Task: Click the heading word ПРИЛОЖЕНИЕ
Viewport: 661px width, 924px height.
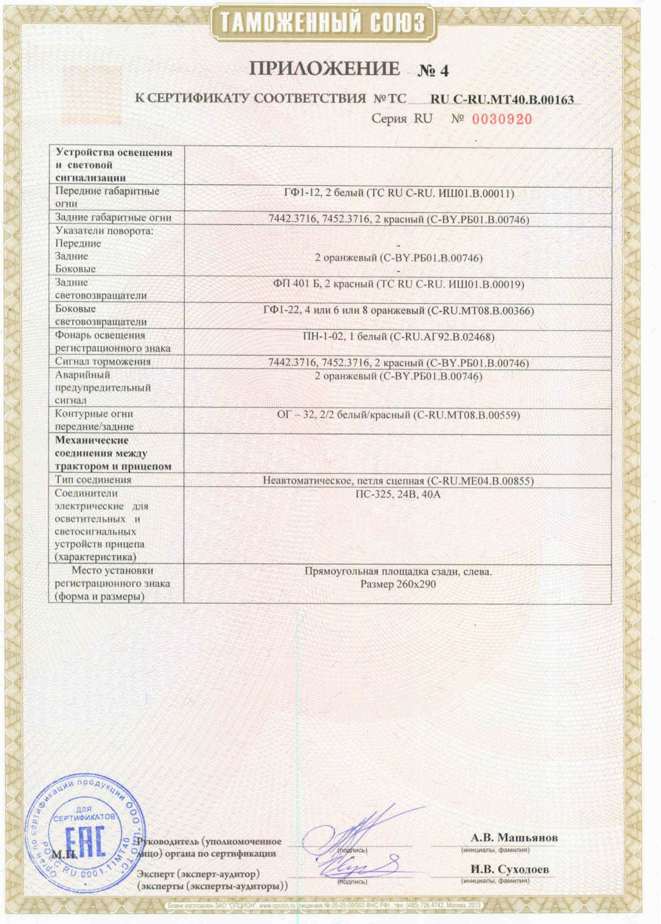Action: (x=324, y=69)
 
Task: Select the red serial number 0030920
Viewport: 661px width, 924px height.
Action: (x=502, y=120)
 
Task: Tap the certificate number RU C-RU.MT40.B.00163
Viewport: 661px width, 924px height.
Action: (x=502, y=99)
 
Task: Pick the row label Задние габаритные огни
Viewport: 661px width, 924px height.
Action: (x=113, y=218)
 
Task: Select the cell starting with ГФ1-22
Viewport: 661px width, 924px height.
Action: (x=398, y=311)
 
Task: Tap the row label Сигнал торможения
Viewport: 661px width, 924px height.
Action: (x=103, y=362)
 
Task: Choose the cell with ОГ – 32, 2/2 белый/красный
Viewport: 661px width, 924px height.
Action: (x=398, y=415)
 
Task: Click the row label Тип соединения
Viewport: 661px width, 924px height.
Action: (x=93, y=480)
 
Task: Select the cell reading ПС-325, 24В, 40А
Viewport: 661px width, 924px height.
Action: (x=398, y=494)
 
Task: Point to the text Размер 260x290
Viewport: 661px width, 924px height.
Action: (x=398, y=584)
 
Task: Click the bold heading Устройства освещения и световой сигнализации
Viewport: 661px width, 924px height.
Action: (x=114, y=165)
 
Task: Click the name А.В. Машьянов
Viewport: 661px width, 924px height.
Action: (x=514, y=837)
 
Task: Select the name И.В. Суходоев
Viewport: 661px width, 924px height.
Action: (x=510, y=869)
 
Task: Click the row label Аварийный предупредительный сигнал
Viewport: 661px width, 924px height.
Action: (x=103, y=388)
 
